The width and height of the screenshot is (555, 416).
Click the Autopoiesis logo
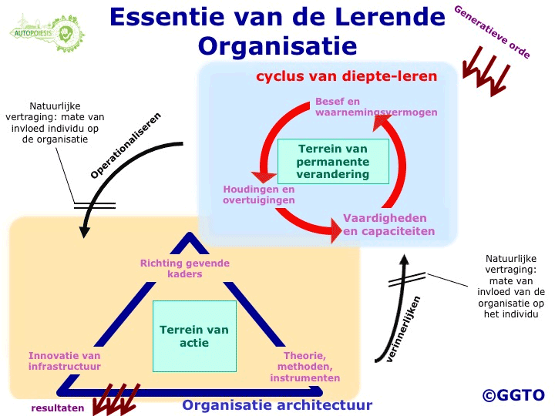click(47, 33)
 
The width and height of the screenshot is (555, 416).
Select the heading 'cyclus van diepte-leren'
click(347, 76)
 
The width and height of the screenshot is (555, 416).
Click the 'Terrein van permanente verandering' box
click(333, 161)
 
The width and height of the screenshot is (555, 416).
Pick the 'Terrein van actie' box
click(194, 336)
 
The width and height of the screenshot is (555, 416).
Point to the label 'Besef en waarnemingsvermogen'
click(376, 107)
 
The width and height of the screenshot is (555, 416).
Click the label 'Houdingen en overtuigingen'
click(259, 195)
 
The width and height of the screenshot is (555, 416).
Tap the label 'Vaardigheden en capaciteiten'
click(388, 225)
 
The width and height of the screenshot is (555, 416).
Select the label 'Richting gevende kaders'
click(185, 269)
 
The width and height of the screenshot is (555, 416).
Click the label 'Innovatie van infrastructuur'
click(65, 361)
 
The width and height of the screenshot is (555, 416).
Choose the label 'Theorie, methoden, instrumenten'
click(304, 367)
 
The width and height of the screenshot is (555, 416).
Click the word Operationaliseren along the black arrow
click(126, 146)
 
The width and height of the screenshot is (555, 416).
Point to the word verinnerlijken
click(403, 330)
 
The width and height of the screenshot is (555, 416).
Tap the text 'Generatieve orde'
click(493, 32)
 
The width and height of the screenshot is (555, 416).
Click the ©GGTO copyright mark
click(513, 395)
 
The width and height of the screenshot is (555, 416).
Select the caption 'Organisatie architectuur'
click(277, 405)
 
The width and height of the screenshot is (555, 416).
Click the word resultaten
click(58, 408)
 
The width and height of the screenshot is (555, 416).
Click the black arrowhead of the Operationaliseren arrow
click(84, 231)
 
